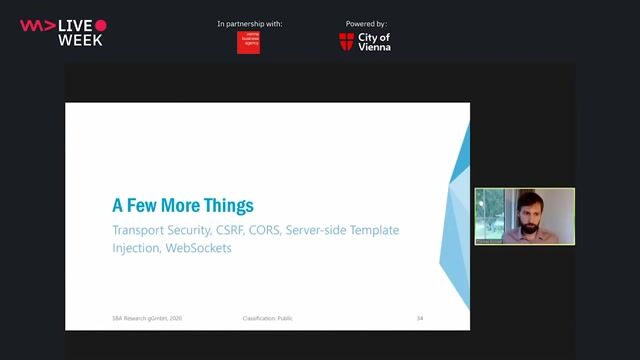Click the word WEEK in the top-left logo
pyautogui.click(x=80, y=40)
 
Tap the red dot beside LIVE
pyautogui.click(x=100, y=25)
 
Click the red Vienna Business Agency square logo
pyautogui.click(x=248, y=42)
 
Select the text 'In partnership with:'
pyautogui.click(x=249, y=23)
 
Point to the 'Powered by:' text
pyautogui.click(x=365, y=23)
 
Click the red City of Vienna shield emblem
pyautogui.click(x=346, y=41)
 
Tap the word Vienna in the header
pyautogui.click(x=374, y=46)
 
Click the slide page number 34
pyautogui.click(x=420, y=318)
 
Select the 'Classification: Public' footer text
pyautogui.click(x=268, y=318)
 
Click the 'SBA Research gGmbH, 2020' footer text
pyautogui.click(x=147, y=318)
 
